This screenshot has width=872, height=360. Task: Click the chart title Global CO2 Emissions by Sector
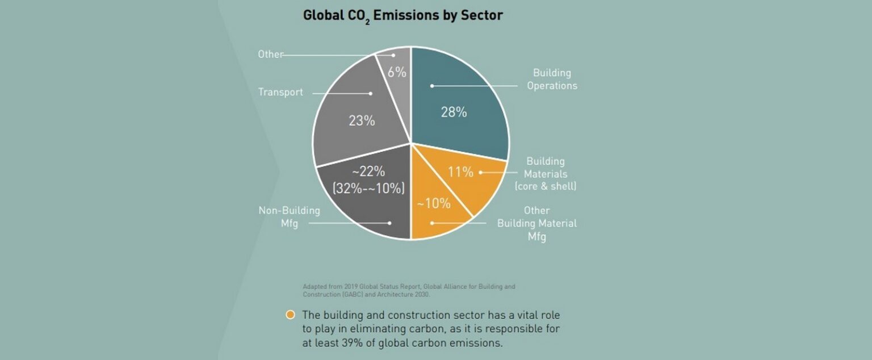pyautogui.click(x=403, y=15)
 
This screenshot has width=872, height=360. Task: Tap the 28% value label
pyautogui.click(x=454, y=112)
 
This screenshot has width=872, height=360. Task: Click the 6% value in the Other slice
pyautogui.click(x=397, y=72)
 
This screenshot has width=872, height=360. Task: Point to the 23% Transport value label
pyautogui.click(x=362, y=120)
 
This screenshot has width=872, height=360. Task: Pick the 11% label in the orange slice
pyautogui.click(x=460, y=172)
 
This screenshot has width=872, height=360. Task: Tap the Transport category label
pyautogui.click(x=280, y=92)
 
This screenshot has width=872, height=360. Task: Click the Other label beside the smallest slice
pyautogui.click(x=270, y=55)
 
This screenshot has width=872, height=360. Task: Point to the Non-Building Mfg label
pyautogui.click(x=290, y=217)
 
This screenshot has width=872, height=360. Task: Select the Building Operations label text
pyautogui.click(x=551, y=79)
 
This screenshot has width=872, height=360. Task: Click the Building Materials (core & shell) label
pyautogui.click(x=546, y=174)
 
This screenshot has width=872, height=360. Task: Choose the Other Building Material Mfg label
pyautogui.click(x=536, y=223)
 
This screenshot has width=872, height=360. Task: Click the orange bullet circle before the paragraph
pyautogui.click(x=291, y=315)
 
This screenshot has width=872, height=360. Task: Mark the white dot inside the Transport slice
pyautogui.click(x=371, y=93)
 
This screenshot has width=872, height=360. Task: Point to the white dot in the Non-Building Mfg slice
pyautogui.click(x=389, y=223)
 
